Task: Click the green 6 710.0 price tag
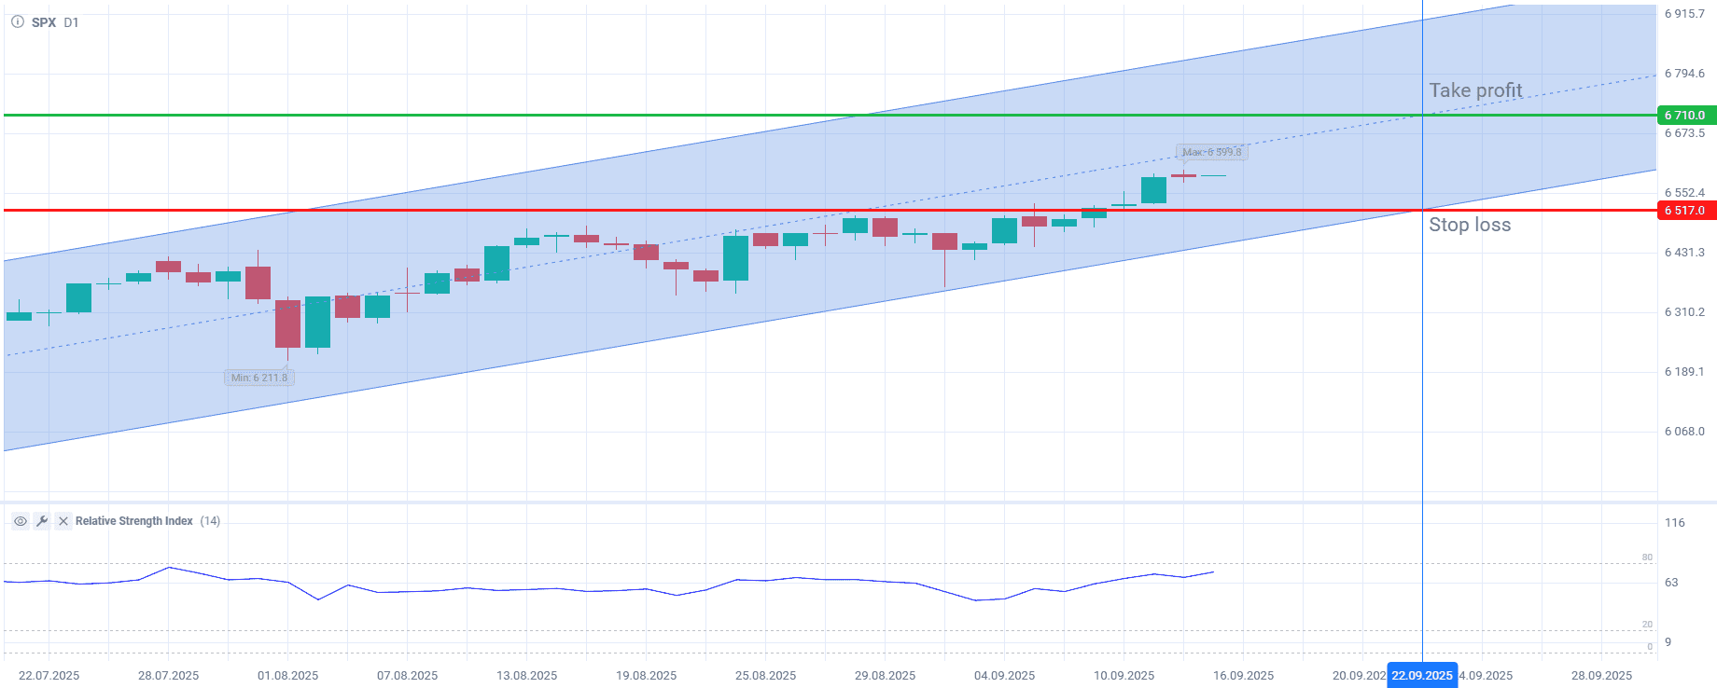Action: click(1685, 116)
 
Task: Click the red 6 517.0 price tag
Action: click(1685, 211)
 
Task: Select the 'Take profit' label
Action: click(1475, 90)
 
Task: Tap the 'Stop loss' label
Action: click(1470, 225)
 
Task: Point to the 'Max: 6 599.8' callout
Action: click(1211, 152)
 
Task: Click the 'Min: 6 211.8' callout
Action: click(259, 378)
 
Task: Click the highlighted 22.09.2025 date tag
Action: click(1421, 676)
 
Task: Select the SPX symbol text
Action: click(44, 22)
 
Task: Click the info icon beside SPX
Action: click(18, 21)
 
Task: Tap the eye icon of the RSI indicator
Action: click(21, 521)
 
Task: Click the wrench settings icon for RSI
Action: click(42, 521)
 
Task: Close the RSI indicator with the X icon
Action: click(63, 521)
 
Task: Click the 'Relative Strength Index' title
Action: click(134, 521)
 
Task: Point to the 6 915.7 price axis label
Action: click(1684, 14)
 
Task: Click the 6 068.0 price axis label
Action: click(1684, 432)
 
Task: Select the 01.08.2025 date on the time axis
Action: click(287, 676)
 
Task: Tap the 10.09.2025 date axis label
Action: click(1124, 676)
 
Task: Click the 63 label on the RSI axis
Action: click(1671, 583)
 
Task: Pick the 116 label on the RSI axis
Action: click(1675, 523)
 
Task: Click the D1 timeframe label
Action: click(71, 22)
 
